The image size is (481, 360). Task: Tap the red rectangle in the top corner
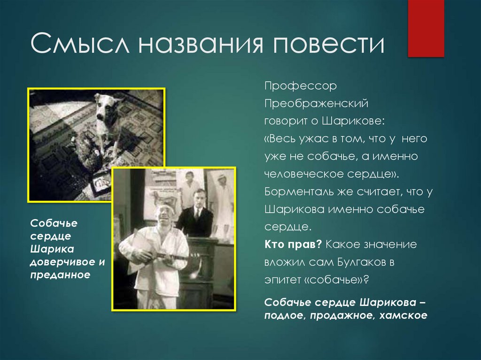(426, 28)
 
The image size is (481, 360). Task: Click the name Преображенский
(315, 103)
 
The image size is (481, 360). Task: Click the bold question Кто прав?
(292, 245)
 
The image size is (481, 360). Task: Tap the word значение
(393, 245)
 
